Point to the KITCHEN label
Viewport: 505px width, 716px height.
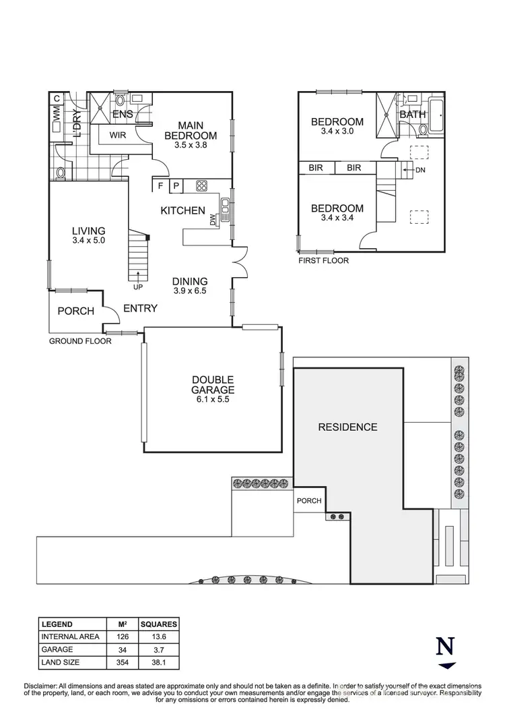(182, 211)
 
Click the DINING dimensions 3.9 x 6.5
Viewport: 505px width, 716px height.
(189, 291)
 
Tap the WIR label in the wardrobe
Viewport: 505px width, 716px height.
(118, 135)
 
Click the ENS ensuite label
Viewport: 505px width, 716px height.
(123, 115)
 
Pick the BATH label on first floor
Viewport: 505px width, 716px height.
(413, 114)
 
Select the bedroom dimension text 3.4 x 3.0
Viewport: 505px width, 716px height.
(337, 131)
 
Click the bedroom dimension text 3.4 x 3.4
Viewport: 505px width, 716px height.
(337, 218)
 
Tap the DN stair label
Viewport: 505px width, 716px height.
(421, 171)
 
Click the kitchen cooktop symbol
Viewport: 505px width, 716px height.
(201, 186)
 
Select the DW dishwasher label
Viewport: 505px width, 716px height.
(213, 220)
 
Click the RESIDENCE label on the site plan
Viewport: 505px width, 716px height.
(347, 427)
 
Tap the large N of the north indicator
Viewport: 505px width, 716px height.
(445, 645)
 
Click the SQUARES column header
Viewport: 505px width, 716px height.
(159, 624)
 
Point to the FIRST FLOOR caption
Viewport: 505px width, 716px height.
(324, 260)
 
